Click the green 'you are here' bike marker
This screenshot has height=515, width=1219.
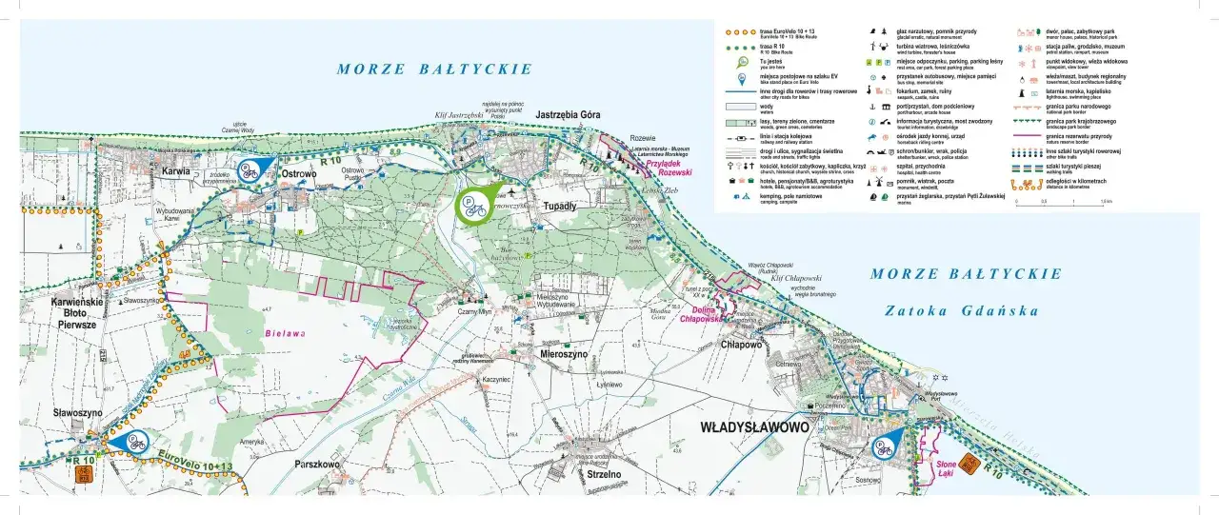[x=474, y=205]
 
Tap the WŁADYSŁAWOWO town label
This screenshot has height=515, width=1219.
[x=754, y=427]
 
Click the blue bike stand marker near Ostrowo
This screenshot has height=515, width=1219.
[x=250, y=169]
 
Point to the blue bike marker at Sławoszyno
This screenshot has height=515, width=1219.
[x=132, y=442]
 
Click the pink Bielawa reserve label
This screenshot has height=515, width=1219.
[x=285, y=333]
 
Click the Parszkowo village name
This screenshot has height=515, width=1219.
[x=317, y=465]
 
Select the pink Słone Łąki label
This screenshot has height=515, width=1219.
[x=929, y=465]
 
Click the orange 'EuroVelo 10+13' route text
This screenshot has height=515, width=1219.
[x=195, y=461]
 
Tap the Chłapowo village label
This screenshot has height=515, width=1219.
[x=752, y=346]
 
